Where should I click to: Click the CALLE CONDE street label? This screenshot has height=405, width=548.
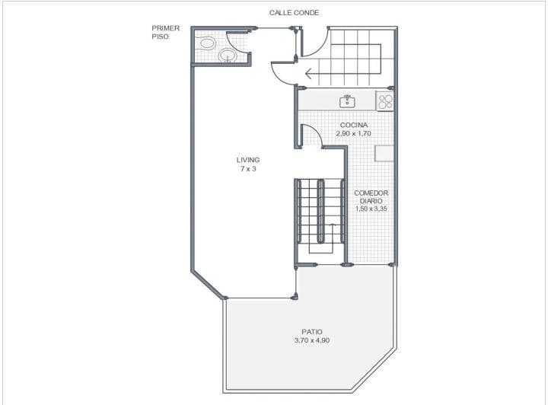click(294, 13)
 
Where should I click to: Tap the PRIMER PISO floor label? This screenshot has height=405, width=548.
click(165, 32)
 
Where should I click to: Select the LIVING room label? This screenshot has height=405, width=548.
click(248, 160)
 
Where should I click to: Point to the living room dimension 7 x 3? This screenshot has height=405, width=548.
click(248, 168)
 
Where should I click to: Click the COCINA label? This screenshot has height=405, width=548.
click(354, 125)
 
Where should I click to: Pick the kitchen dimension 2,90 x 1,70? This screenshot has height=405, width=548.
click(353, 133)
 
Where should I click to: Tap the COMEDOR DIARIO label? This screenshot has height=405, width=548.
click(371, 196)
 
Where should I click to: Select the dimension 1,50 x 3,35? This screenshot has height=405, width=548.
click(371, 209)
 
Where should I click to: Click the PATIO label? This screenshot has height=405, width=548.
click(312, 332)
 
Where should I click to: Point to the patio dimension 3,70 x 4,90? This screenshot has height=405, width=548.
click(312, 340)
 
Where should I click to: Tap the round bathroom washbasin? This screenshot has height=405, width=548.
click(228, 56)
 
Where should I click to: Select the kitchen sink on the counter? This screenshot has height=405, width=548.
click(347, 101)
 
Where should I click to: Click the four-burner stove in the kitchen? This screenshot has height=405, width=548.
click(385, 101)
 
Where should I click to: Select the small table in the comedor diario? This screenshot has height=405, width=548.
click(384, 154)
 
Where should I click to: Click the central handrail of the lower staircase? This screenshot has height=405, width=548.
click(320, 211)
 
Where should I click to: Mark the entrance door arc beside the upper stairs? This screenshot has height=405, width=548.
click(319, 48)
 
